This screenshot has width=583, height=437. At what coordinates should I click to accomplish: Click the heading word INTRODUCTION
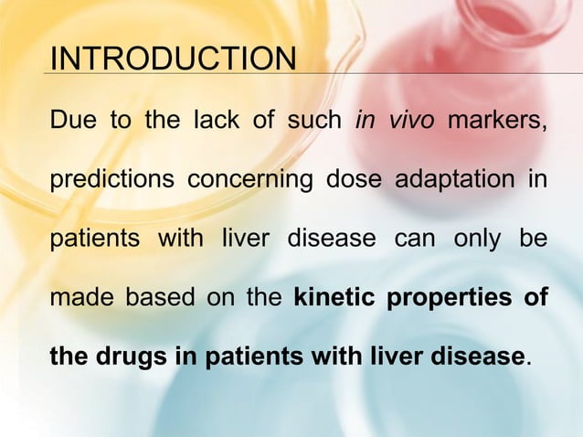tap(173, 59)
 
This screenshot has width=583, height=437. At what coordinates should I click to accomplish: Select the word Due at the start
tap(69, 120)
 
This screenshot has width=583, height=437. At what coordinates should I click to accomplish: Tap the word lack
tap(216, 120)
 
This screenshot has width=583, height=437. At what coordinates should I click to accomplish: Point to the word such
tap(310, 120)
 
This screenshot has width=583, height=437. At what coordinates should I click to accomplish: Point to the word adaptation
tap(454, 180)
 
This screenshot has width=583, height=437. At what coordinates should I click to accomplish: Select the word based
tap(155, 298)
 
